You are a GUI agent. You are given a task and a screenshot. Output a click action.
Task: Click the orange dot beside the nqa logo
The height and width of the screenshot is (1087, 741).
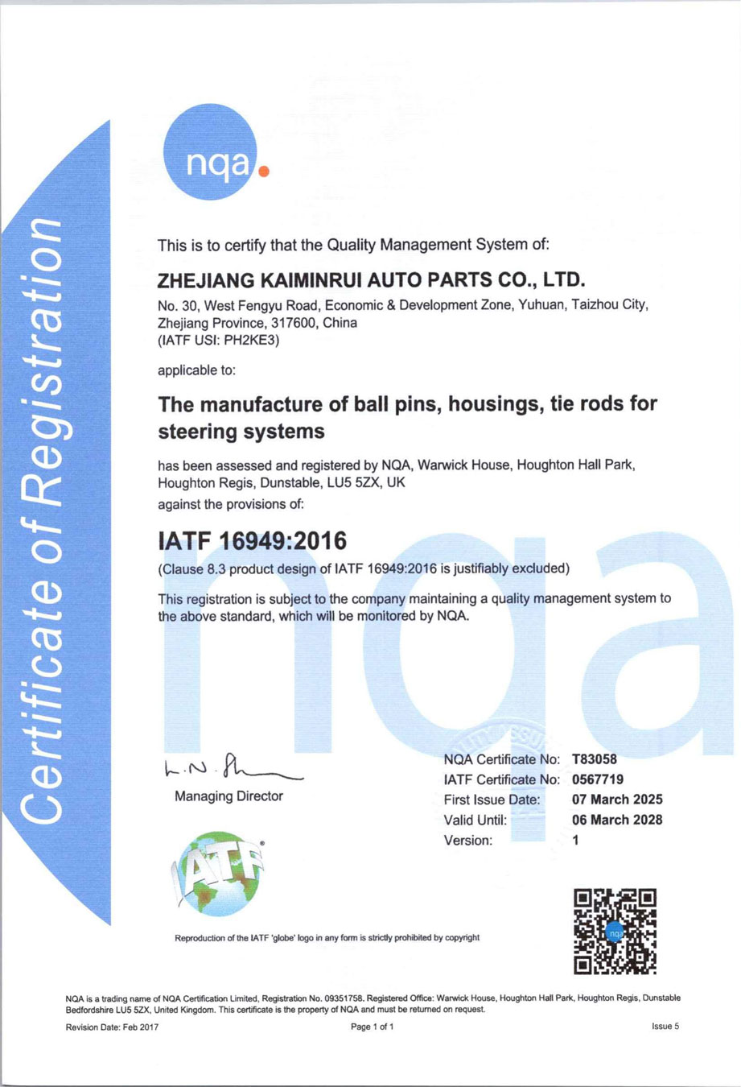(263, 171)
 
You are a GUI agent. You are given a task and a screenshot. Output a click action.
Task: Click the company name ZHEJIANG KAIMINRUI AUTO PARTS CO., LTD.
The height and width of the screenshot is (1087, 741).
(371, 280)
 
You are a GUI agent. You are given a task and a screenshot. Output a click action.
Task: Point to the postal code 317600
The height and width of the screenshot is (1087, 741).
(293, 323)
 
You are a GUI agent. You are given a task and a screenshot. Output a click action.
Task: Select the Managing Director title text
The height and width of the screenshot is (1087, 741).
(228, 796)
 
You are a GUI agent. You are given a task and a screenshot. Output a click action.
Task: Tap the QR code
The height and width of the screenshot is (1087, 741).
(615, 932)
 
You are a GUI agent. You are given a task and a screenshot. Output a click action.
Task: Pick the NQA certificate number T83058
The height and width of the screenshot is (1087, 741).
(595, 759)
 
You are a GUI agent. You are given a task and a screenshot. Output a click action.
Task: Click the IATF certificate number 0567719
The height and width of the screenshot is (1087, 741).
(598, 779)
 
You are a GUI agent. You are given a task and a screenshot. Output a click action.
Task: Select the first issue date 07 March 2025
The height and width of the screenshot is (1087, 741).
(617, 800)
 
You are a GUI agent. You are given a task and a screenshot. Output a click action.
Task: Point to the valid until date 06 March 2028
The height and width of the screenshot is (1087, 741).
(617, 820)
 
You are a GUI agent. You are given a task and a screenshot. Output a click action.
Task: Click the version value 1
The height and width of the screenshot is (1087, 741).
(575, 841)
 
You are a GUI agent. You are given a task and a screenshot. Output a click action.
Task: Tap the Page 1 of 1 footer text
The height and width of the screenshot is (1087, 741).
(373, 1027)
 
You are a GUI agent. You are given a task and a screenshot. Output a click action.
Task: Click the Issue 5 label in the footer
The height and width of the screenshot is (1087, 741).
(665, 1027)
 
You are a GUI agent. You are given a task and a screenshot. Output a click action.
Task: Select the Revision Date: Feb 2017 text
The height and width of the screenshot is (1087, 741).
(112, 1027)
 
